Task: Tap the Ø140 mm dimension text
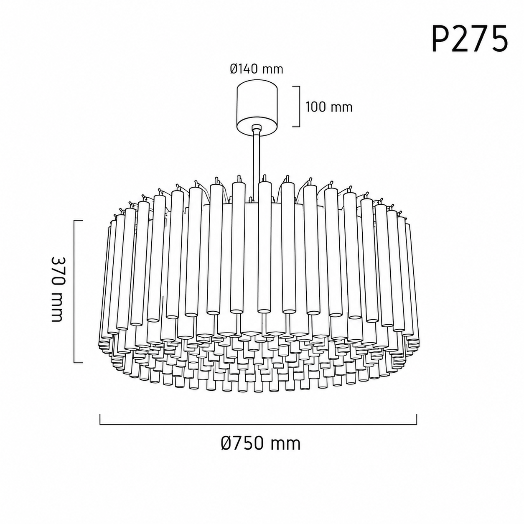[x=256, y=69]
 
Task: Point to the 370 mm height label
[x=57, y=289]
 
